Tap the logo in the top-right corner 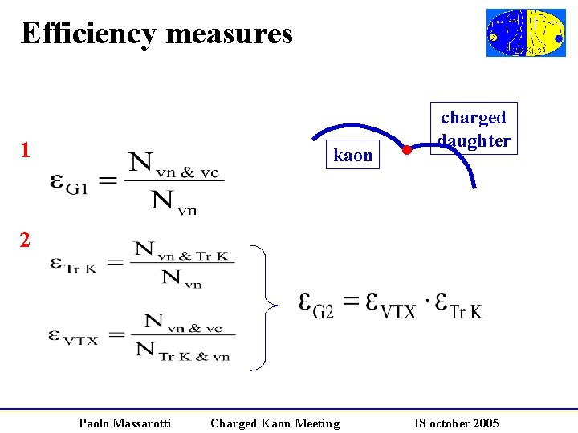[526, 33]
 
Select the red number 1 [26, 150]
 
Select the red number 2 [26, 239]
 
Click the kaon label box [353, 155]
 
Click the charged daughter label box [474, 128]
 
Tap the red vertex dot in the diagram [407, 150]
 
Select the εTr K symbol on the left [72, 264]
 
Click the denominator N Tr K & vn [181, 350]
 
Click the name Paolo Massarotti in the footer [124, 423]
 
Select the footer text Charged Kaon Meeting [275, 423]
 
